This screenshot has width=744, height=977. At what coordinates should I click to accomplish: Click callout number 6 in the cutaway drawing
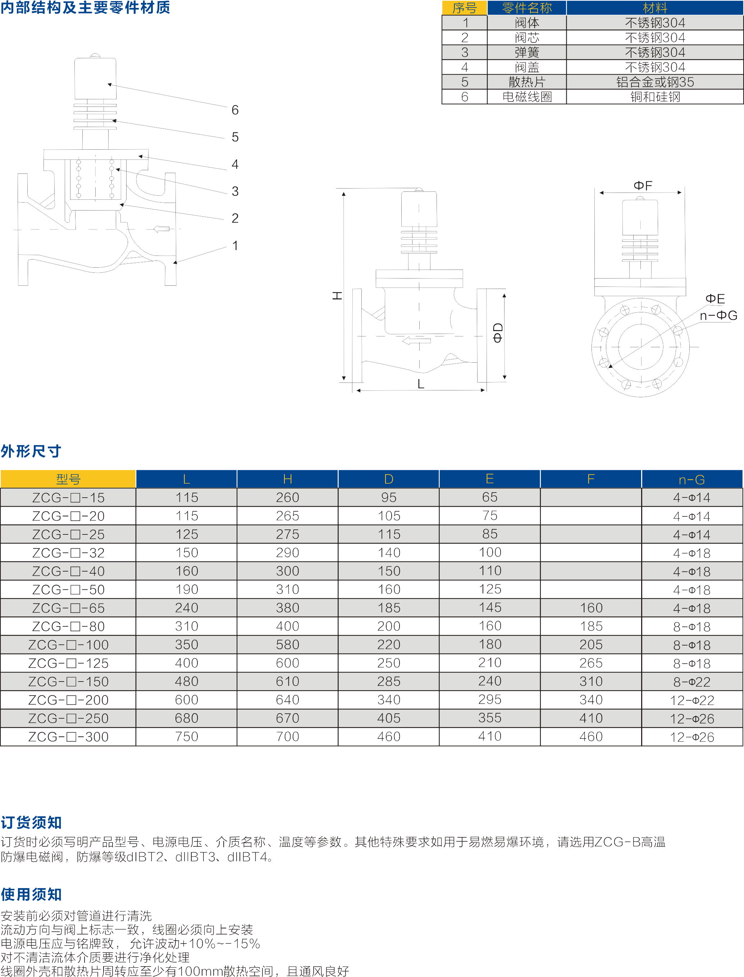[x=235, y=110]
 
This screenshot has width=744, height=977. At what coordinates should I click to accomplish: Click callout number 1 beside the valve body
[x=235, y=245]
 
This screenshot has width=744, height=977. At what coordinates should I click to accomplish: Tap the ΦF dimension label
[x=643, y=185]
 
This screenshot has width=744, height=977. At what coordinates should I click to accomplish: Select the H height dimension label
[x=337, y=295]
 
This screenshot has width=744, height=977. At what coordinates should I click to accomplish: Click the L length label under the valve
[x=421, y=384]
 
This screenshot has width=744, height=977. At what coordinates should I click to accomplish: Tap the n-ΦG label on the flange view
[x=718, y=316]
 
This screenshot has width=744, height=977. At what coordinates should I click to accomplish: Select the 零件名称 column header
[x=526, y=8]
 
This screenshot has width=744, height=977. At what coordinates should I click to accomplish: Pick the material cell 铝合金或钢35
[x=654, y=82]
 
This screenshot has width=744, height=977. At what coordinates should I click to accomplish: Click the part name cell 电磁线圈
[x=526, y=96]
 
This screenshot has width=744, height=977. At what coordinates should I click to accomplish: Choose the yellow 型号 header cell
[x=68, y=479]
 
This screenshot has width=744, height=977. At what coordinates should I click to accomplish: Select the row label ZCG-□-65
[x=68, y=608]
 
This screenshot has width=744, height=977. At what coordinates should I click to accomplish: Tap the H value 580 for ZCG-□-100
[x=287, y=645]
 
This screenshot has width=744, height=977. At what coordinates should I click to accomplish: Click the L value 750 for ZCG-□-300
[x=186, y=736]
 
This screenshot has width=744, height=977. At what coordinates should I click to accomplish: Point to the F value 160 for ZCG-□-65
[x=591, y=608]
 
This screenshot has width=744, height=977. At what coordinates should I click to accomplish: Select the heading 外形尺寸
[x=31, y=451]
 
